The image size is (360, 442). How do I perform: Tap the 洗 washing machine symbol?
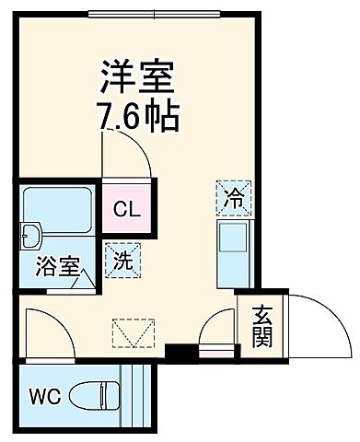click(x=122, y=259)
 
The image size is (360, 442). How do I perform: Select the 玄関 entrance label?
click(x=261, y=326)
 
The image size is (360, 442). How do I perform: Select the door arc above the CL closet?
click(x=127, y=149)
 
